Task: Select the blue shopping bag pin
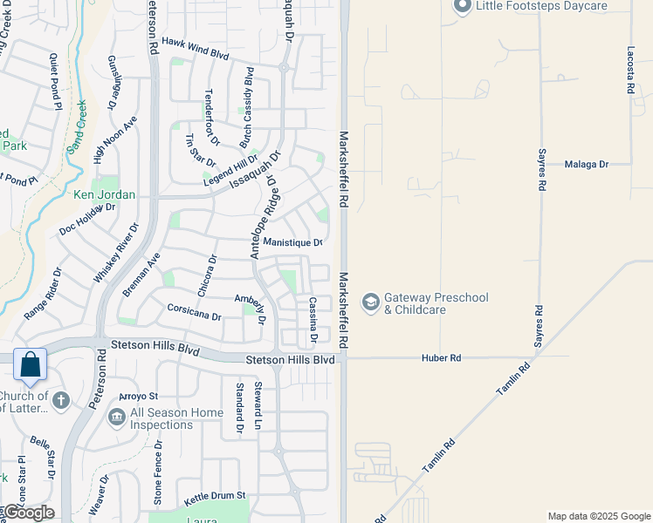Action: point(30,367)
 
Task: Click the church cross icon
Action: point(59,401)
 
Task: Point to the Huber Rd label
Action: point(441,357)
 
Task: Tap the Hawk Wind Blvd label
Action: point(195,48)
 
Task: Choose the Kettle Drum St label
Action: point(209,495)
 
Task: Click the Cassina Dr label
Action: point(312,319)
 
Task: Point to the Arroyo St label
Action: point(139,397)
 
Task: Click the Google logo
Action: point(28,513)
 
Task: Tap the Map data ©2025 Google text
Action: point(599,516)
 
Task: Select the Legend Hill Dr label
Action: point(230,170)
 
